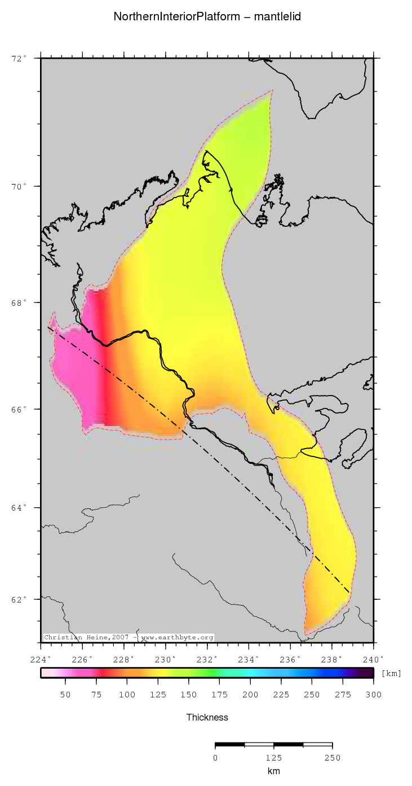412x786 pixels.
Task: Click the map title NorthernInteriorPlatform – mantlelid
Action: (207, 17)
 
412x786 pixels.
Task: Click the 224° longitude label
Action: (41, 659)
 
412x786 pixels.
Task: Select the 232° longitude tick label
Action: (207, 659)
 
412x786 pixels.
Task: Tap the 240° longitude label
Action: (373, 659)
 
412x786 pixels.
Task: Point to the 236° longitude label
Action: (290, 659)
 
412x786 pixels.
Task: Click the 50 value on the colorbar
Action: (65, 694)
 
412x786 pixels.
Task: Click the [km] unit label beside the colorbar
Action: (392, 673)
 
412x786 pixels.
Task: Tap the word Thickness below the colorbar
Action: (207, 718)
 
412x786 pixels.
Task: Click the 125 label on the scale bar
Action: (274, 758)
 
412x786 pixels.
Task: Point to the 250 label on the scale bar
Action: (332, 758)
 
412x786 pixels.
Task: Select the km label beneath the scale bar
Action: (274, 771)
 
